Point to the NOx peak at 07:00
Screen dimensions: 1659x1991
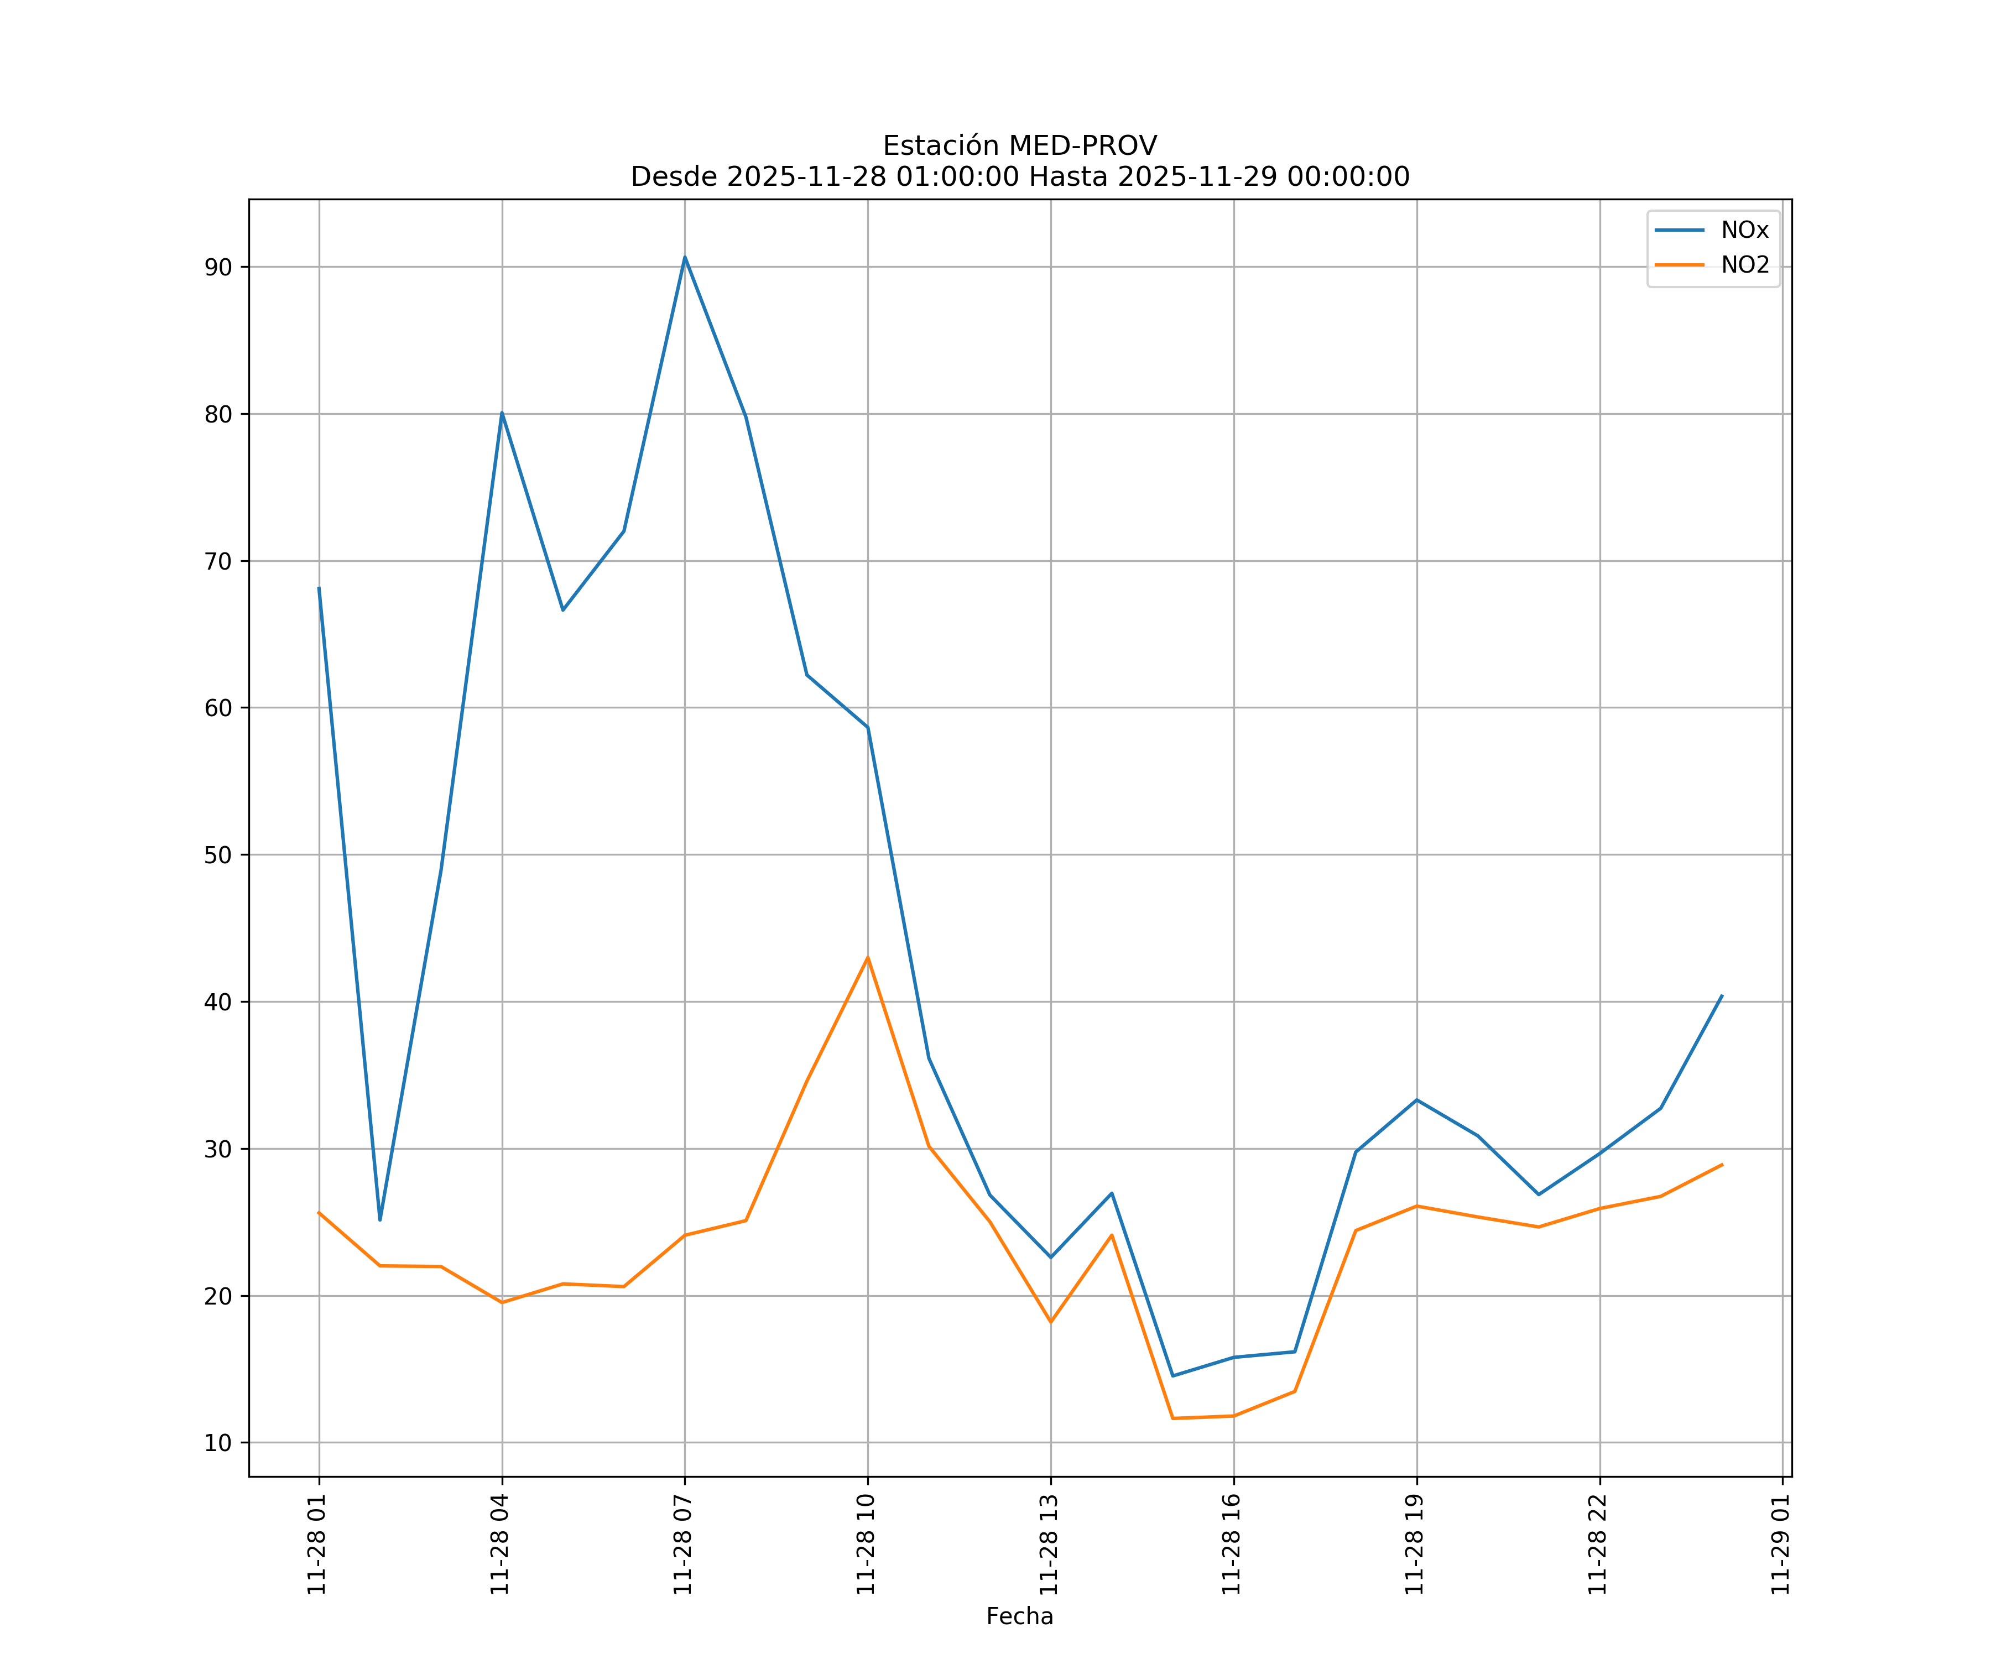pyautogui.click(x=685, y=257)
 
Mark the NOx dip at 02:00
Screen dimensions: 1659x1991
pyautogui.click(x=379, y=1220)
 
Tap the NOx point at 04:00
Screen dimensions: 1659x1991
pyautogui.click(x=502, y=413)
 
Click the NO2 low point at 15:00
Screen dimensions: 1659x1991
pyautogui.click(x=1173, y=1418)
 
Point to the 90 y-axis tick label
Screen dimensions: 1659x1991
pyautogui.click(x=218, y=267)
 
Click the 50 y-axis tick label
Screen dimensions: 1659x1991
pyautogui.click(x=218, y=855)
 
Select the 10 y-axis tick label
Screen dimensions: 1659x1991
pyautogui.click(x=218, y=1443)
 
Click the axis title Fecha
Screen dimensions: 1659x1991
pyautogui.click(x=1019, y=1616)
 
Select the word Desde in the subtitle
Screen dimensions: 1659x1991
pyautogui.click(x=674, y=178)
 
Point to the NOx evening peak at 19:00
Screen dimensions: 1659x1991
pyautogui.click(x=1416, y=1100)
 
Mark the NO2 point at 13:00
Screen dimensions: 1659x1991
pyautogui.click(x=1050, y=1322)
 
